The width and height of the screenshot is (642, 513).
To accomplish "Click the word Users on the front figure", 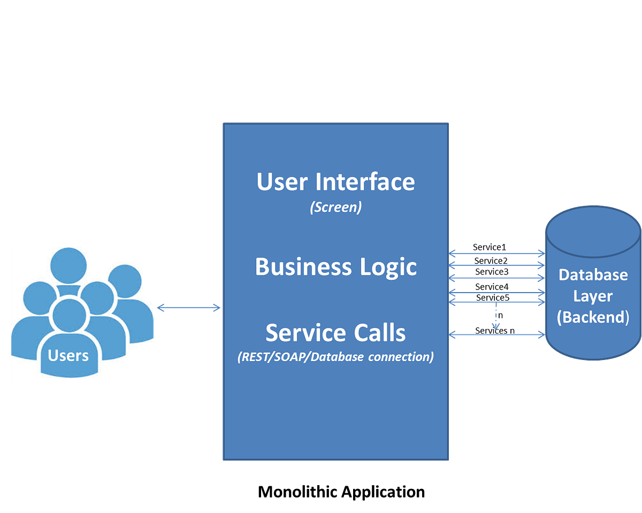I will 68,355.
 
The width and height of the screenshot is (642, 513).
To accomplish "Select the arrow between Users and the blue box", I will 188,307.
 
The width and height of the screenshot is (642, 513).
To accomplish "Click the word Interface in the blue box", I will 365,182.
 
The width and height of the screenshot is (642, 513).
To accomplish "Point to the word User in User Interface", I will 282,182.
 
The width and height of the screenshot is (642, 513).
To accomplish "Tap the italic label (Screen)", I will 335,208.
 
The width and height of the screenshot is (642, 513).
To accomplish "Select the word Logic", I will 387,266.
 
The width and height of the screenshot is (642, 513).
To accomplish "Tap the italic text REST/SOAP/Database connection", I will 335,357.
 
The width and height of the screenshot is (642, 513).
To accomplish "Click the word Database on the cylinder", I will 593,274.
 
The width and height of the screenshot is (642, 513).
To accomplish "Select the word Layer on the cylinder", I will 593,296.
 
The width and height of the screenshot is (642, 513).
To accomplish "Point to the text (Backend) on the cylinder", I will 593,317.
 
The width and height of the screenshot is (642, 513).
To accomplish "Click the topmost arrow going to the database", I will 496,251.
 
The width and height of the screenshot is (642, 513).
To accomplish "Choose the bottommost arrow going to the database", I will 496,335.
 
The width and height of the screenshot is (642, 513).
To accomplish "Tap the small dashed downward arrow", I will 496,319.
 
